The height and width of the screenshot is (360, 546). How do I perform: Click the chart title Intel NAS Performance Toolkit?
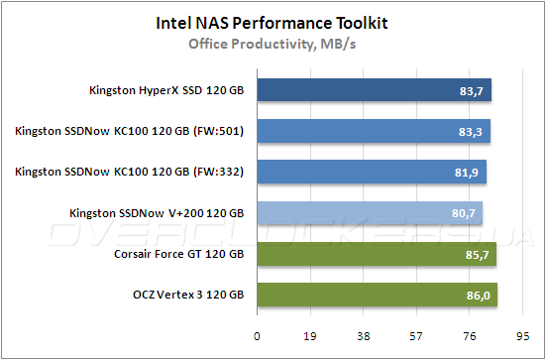[x=273, y=21]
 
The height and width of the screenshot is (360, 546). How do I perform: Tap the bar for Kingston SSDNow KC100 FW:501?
[x=374, y=132]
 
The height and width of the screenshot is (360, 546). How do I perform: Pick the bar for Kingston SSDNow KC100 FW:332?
[x=372, y=172]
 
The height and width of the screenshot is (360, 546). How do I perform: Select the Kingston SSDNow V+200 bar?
[x=370, y=212]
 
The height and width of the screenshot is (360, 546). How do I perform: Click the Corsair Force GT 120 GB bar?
[x=377, y=254]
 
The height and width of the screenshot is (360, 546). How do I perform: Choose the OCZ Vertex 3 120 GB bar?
[x=378, y=295]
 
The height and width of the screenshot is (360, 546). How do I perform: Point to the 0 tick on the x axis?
[x=258, y=336]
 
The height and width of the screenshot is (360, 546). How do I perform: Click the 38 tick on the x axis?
[x=365, y=336]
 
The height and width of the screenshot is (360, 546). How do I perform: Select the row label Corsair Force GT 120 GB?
[x=178, y=254]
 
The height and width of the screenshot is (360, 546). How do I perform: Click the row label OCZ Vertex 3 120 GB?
[x=186, y=295]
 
